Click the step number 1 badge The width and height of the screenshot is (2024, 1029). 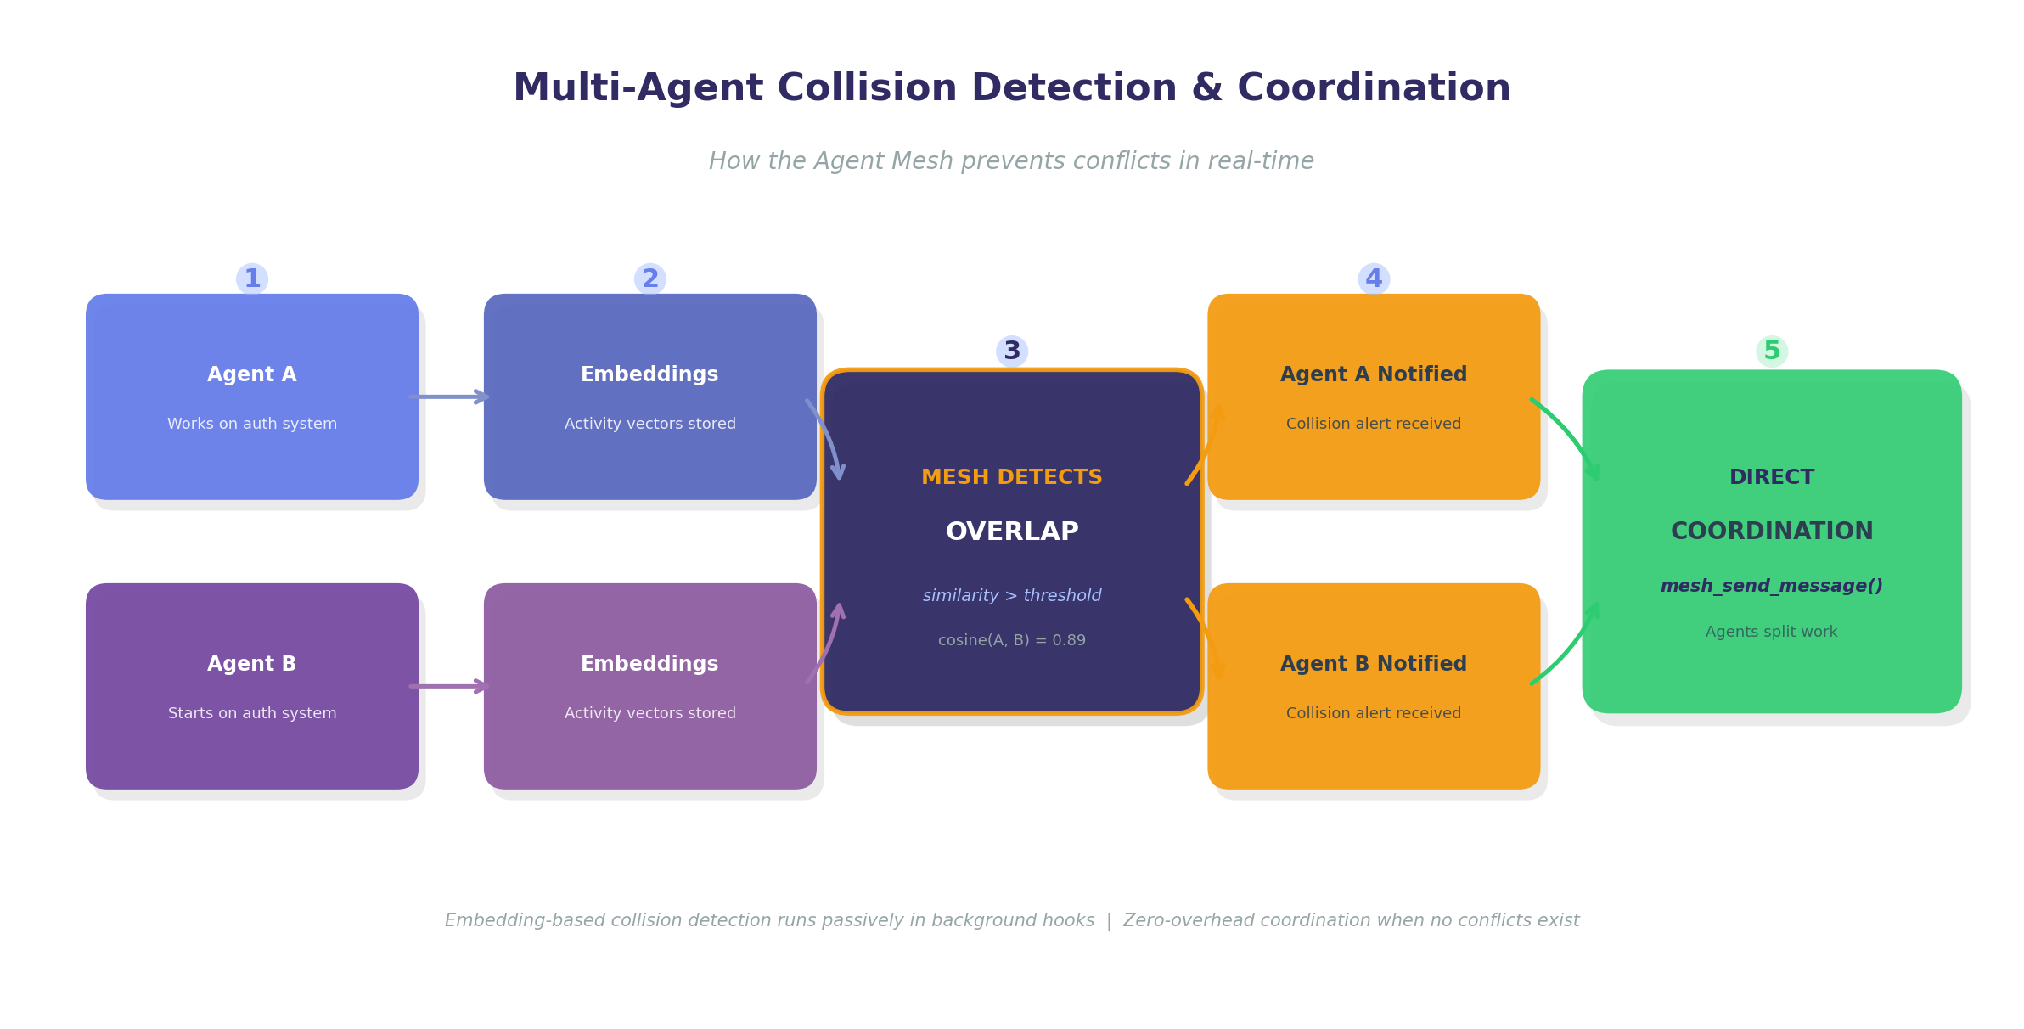tap(252, 279)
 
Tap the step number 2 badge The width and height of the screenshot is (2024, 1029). tap(650, 279)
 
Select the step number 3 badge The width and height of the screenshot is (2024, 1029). tap(1012, 351)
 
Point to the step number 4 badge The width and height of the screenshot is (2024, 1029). tap(1374, 279)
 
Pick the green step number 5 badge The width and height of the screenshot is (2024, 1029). tap(1772, 351)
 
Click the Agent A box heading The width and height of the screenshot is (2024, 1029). tap(252, 374)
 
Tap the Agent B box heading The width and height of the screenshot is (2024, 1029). tap(252, 664)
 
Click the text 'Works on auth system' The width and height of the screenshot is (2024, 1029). tap(252, 424)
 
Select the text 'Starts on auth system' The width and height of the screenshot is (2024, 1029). tap(252, 713)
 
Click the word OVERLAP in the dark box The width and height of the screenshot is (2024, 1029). tap(1012, 531)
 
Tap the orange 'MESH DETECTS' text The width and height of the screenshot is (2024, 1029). tap(1012, 477)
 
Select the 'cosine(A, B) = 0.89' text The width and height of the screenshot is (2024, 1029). tap(1012, 640)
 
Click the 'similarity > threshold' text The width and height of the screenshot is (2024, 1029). tap(1012, 596)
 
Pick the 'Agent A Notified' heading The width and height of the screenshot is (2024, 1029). tap(1374, 374)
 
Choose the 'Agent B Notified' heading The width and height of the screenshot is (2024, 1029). tap(1374, 664)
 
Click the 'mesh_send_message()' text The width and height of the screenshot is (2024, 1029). tap(1772, 586)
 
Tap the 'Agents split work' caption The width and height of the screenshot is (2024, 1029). tap(1772, 632)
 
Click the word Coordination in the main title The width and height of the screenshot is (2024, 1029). tap(1374, 88)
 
